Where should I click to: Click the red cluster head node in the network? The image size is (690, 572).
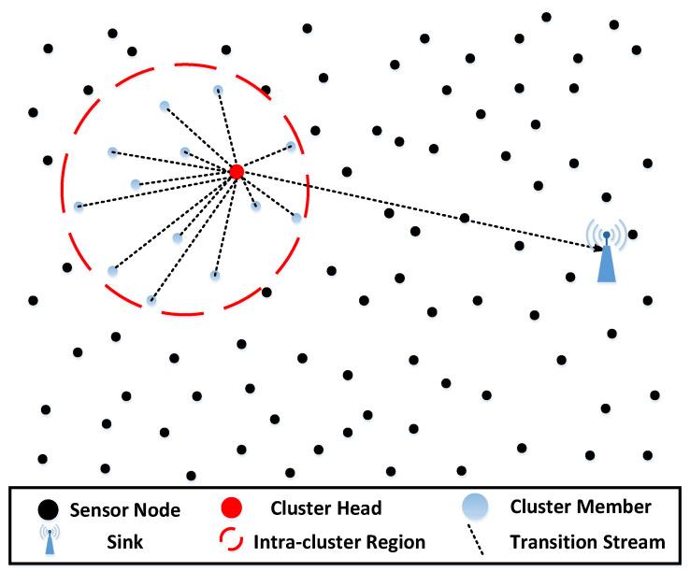tap(237, 171)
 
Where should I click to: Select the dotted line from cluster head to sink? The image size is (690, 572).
tap(421, 210)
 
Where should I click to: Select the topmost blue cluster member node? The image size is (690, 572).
tap(218, 90)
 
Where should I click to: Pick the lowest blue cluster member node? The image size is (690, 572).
tap(151, 300)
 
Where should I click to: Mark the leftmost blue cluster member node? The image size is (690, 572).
tap(79, 207)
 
